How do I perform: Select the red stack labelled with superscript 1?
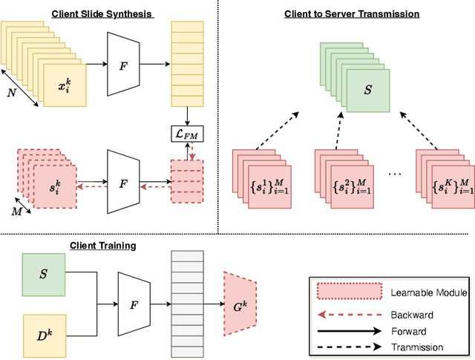tap(263, 180)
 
